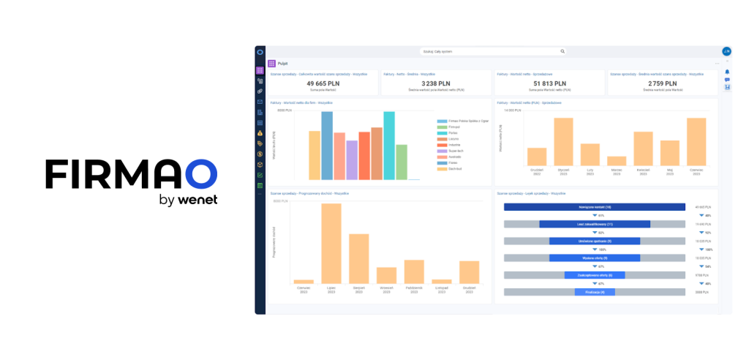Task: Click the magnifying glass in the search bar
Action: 562,51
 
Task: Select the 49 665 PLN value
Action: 323,84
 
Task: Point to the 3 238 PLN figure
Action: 436,84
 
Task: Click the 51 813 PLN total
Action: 549,84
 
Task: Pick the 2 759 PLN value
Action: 663,84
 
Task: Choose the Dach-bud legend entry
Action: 448,168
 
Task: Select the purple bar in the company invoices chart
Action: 352,160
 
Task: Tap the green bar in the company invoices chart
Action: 402,162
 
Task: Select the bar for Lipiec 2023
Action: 331,243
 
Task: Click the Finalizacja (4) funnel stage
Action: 594,292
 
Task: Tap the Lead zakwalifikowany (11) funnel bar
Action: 594,224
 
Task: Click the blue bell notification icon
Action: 727,72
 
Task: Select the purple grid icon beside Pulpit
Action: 271,64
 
